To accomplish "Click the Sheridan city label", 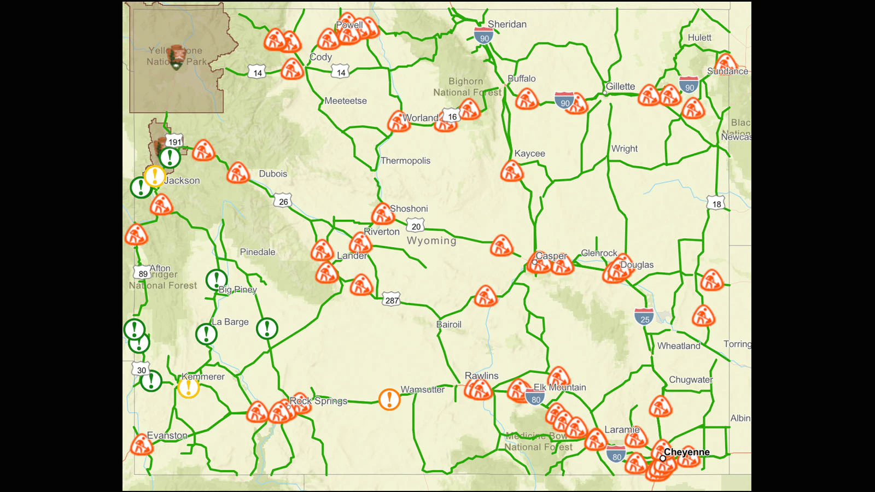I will pos(507,25).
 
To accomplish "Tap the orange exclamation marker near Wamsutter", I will pos(389,399).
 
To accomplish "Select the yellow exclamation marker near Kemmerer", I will pos(189,388).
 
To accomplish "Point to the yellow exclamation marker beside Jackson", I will pos(155,176).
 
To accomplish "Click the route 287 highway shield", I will pos(392,300).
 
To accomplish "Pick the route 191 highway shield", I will pos(174,142).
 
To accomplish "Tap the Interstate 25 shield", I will pos(644,318).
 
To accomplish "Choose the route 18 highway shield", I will pos(716,203).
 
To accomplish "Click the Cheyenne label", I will pos(686,452).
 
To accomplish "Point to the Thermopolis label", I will pos(405,161).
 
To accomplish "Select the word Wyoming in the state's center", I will pos(431,241).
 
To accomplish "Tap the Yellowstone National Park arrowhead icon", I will pos(177,57).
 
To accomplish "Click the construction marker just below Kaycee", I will pos(512,171).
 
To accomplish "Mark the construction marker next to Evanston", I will pos(141,446).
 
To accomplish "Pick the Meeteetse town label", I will pos(346,101).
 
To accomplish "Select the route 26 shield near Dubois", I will pos(283,201).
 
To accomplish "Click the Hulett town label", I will pos(699,38).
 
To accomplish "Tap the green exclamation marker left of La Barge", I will pos(206,333).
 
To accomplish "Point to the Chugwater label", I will pos(691,380).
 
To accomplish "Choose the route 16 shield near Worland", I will pos(452,116).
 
